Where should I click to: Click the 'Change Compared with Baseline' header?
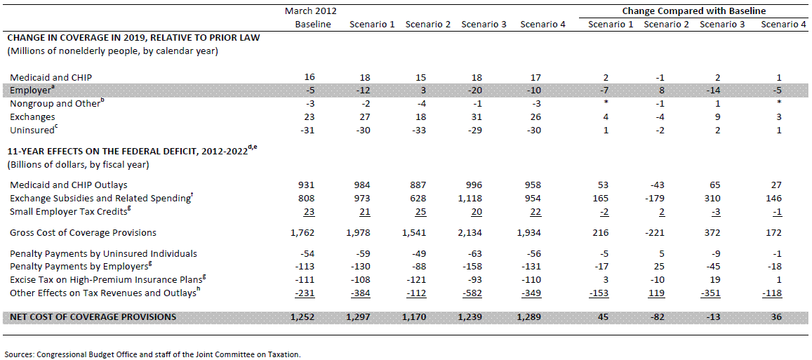point(693,11)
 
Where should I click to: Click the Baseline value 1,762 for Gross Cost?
point(313,232)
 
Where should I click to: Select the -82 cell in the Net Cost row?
point(666,316)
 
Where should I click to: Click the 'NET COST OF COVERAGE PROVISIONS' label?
point(91,316)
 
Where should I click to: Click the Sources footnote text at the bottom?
point(153,355)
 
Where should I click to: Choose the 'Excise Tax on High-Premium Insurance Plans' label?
point(104,279)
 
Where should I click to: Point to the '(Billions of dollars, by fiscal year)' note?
point(78,166)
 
